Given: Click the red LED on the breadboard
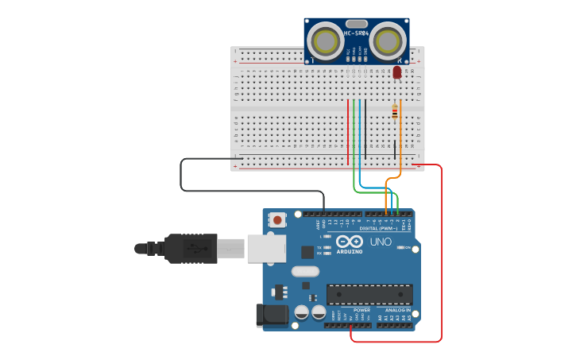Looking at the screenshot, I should click(x=397, y=72).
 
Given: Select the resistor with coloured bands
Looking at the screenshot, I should click(x=395, y=113).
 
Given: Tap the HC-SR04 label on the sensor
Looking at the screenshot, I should click(x=357, y=33).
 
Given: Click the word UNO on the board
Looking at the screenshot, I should click(x=381, y=242).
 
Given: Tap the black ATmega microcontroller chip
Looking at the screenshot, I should click(x=369, y=294).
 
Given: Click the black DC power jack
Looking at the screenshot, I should click(x=272, y=315).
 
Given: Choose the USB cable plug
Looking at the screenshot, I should click(x=191, y=248).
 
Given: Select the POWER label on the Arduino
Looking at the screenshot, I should click(x=350, y=310).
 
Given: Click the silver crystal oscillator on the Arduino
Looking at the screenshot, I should click(x=305, y=271).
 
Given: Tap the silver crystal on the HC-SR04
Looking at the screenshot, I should click(x=357, y=24).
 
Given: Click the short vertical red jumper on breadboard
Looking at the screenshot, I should click(x=348, y=131).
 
